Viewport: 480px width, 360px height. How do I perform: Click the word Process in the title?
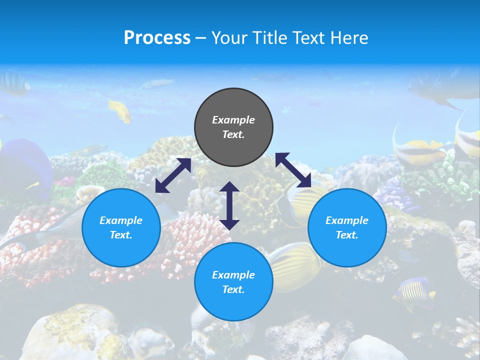pyautogui.click(x=157, y=38)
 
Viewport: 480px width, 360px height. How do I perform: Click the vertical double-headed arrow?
pyautogui.click(x=229, y=205)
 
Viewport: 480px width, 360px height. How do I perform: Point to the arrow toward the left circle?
pyautogui.click(x=173, y=175)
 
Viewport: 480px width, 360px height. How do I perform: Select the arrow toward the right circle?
pyautogui.click(x=293, y=170)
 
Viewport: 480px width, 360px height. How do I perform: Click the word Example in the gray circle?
pyautogui.click(x=233, y=120)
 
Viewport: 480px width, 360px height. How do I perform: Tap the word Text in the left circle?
pyautogui.click(x=121, y=235)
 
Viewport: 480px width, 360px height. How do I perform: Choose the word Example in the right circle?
pyautogui.click(x=347, y=220)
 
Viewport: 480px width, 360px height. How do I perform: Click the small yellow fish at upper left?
pyautogui.click(x=120, y=110)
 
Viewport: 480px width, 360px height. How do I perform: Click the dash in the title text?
pyautogui.click(x=200, y=38)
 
